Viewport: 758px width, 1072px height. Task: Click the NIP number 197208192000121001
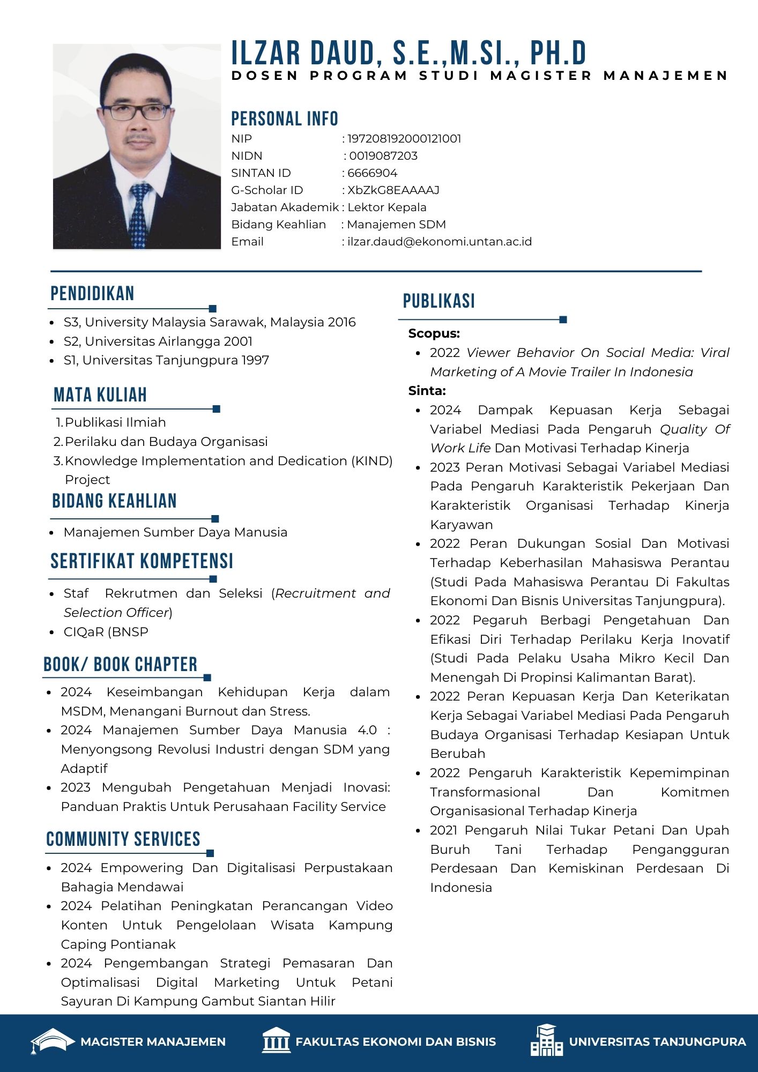404,139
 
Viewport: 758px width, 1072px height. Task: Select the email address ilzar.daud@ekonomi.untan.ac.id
440,242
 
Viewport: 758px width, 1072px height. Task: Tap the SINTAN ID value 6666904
373,173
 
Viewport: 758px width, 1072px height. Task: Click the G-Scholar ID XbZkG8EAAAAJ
393,190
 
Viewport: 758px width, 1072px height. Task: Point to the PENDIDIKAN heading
92,294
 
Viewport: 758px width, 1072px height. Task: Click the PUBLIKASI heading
439,301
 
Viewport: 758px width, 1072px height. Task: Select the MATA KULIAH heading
100,395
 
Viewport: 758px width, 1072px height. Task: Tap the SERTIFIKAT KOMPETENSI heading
142,561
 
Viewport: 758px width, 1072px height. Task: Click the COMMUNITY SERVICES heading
123,839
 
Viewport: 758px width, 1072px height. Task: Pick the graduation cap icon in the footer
52,1041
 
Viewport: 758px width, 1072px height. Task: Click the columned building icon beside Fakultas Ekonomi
276,1041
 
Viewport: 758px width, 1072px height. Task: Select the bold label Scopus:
434,333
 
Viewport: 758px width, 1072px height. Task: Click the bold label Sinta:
427,391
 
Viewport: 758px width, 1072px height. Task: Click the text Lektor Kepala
387,207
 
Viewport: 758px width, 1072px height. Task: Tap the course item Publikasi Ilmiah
115,422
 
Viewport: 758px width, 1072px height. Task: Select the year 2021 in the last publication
444,830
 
